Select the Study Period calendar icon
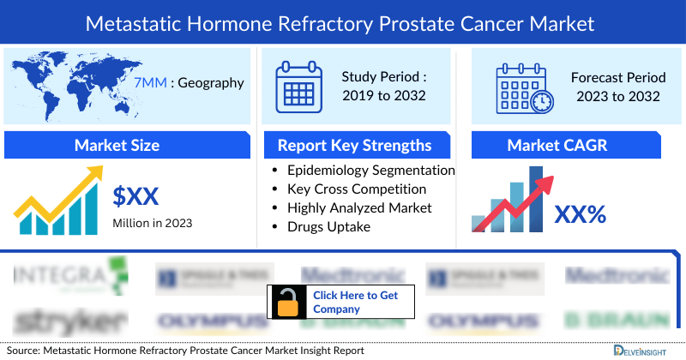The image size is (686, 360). point(297,86)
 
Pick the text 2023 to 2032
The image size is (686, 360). point(617,95)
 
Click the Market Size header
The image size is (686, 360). point(117,145)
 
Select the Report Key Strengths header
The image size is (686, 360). point(354,145)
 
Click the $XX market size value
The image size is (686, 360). point(135,197)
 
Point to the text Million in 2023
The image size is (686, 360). point(153,223)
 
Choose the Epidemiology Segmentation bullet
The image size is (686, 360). point(370,170)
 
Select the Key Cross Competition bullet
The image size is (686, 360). point(357,189)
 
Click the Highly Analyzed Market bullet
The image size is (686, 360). point(359,207)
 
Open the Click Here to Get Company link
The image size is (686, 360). point(355,302)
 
